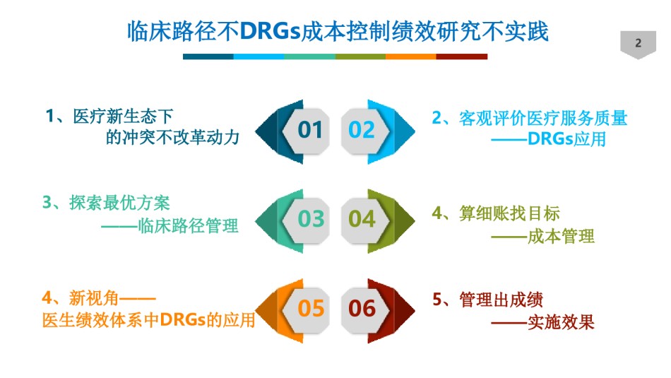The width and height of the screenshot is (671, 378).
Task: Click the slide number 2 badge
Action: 638,44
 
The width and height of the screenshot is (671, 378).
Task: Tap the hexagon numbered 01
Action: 306,131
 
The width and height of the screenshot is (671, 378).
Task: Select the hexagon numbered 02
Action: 365,131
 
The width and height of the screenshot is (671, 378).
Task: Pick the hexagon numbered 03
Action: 306,220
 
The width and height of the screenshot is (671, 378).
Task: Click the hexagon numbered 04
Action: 365,220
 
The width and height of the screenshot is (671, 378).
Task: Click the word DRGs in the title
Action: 270,32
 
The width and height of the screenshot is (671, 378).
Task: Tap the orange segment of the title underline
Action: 411,57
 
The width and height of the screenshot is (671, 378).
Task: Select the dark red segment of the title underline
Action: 462,57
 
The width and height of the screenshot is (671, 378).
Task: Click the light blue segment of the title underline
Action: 259,57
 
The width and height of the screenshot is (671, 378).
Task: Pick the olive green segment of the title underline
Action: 360,57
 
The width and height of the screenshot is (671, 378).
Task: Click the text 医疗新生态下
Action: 123,117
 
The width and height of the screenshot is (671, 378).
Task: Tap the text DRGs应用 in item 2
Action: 567,139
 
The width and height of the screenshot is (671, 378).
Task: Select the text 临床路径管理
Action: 188,225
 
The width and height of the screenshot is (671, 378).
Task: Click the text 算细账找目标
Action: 509,213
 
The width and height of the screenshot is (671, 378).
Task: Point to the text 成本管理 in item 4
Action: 561,236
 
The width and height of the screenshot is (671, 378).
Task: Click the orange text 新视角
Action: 93,298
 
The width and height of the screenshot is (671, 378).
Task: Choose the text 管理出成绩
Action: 501,300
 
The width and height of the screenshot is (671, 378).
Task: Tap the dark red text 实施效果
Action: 561,323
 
